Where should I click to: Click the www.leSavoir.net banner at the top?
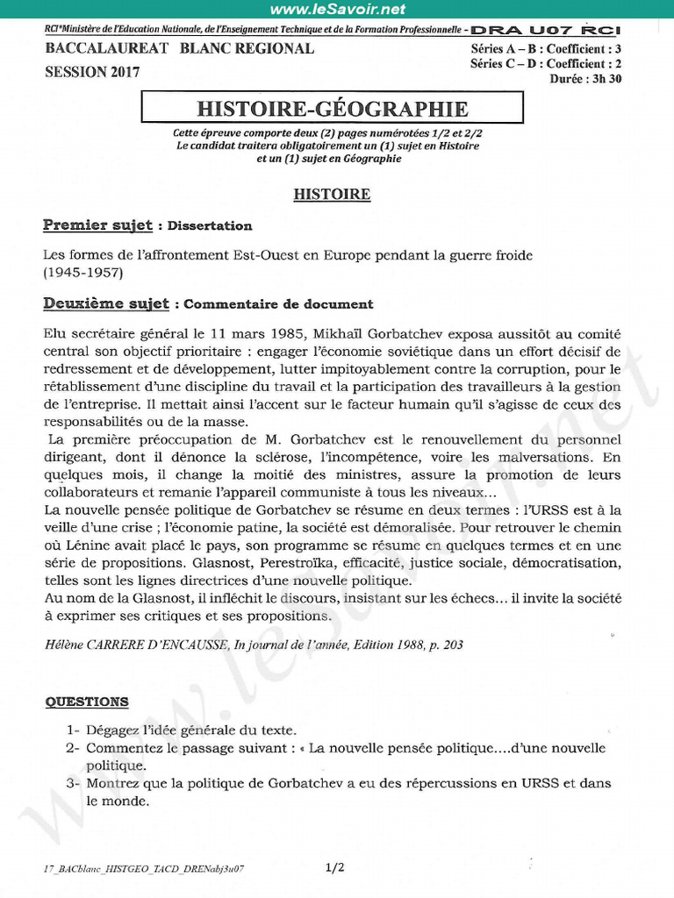pyautogui.click(x=338, y=10)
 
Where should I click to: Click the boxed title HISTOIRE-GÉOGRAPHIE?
pyautogui.click(x=333, y=109)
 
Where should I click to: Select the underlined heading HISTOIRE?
pyautogui.click(x=332, y=194)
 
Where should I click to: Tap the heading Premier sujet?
pyautogui.click(x=97, y=225)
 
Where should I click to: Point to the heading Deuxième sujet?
pyautogui.click(x=106, y=304)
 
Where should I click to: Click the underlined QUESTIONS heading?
pyautogui.click(x=86, y=702)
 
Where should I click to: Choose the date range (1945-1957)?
pyautogui.click(x=83, y=273)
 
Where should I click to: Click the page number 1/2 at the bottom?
pyautogui.click(x=334, y=868)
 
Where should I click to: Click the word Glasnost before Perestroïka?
pyautogui.click(x=187, y=563)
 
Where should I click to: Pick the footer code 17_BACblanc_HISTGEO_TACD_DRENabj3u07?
pyautogui.click(x=143, y=869)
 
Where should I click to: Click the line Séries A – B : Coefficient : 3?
pyautogui.click(x=545, y=49)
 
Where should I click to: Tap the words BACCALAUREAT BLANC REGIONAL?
pyautogui.click(x=179, y=49)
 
